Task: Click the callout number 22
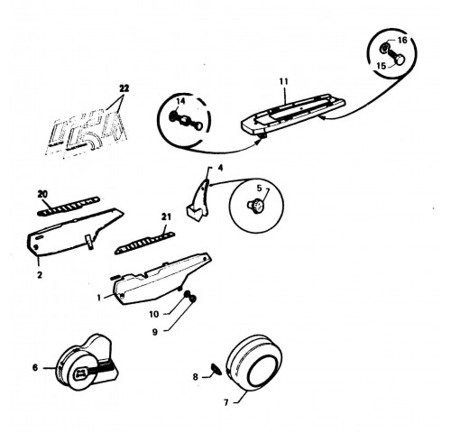pos(124,88)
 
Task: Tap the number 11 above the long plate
pos(283,81)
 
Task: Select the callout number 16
pos(402,40)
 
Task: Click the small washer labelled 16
pos(384,48)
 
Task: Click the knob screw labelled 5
pos(255,206)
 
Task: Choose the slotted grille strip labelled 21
pos(144,243)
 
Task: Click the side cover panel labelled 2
pos(74,232)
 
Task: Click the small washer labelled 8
pos(216,369)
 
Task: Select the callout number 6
pos(35,367)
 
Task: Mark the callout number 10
pos(153,314)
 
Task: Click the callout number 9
pos(155,332)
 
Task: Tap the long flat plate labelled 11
pos(293,115)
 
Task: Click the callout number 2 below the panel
pos(40,274)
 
